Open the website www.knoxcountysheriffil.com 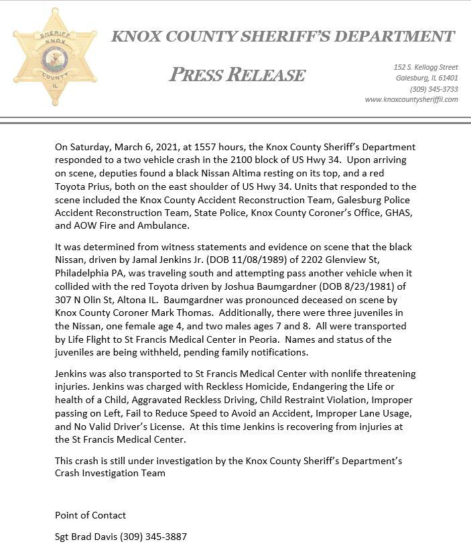411,99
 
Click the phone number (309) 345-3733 433,89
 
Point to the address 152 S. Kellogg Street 425,67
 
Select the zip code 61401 447,78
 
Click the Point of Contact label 90,515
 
